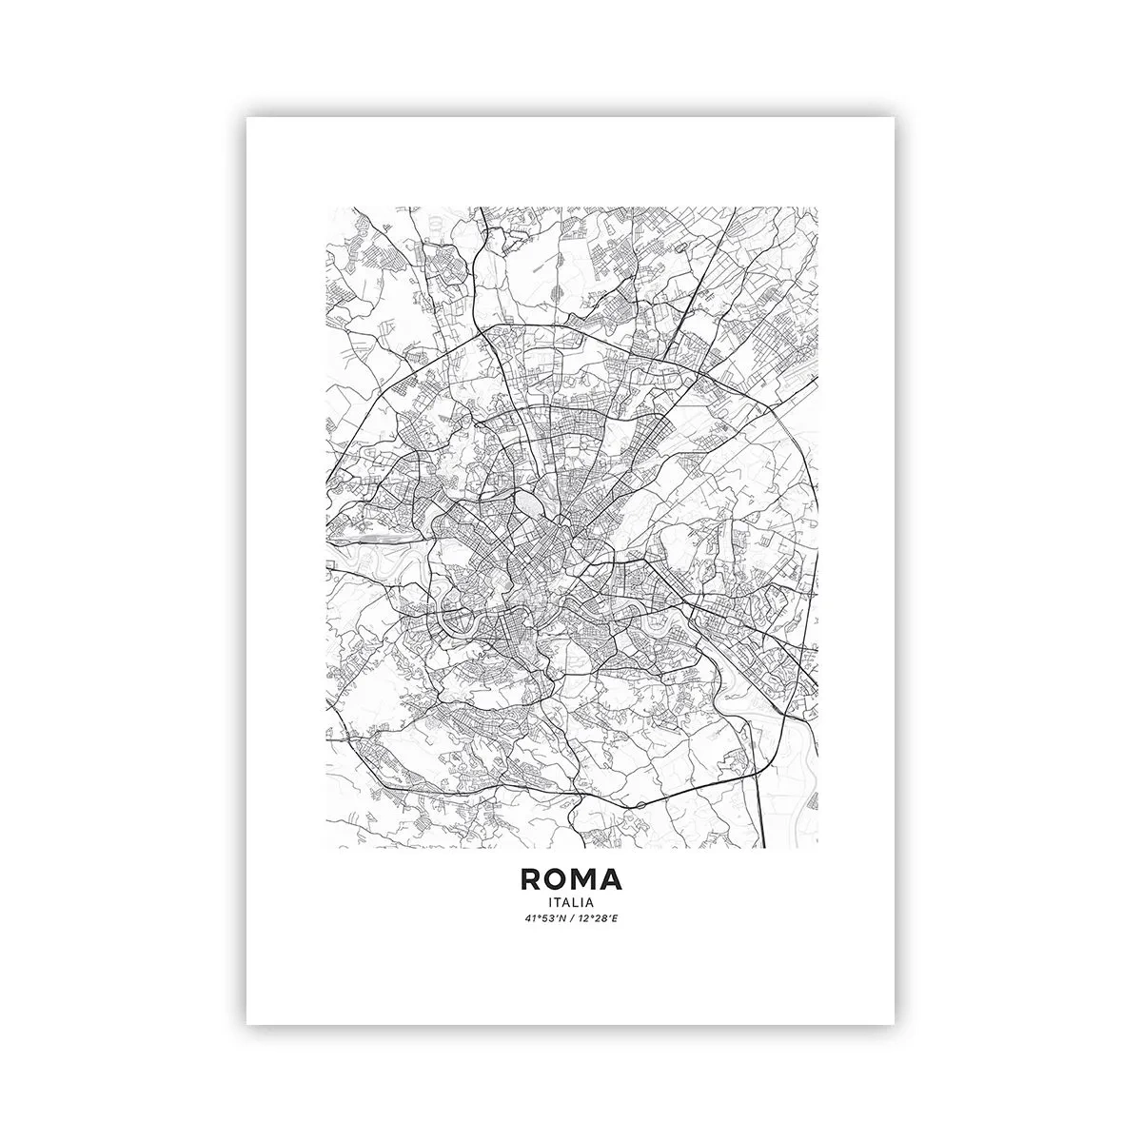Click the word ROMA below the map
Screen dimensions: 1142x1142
(571, 877)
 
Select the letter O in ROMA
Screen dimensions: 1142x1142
(557, 877)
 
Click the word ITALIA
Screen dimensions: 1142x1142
(571, 901)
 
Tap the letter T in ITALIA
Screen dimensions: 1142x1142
(559, 901)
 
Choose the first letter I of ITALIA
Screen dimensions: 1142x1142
(550, 901)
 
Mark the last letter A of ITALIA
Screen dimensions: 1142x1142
(591, 901)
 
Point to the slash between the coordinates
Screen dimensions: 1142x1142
(571, 919)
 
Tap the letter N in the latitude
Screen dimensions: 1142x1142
(560, 919)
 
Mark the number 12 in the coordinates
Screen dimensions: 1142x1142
(584, 919)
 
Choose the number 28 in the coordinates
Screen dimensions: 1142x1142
(601, 919)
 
